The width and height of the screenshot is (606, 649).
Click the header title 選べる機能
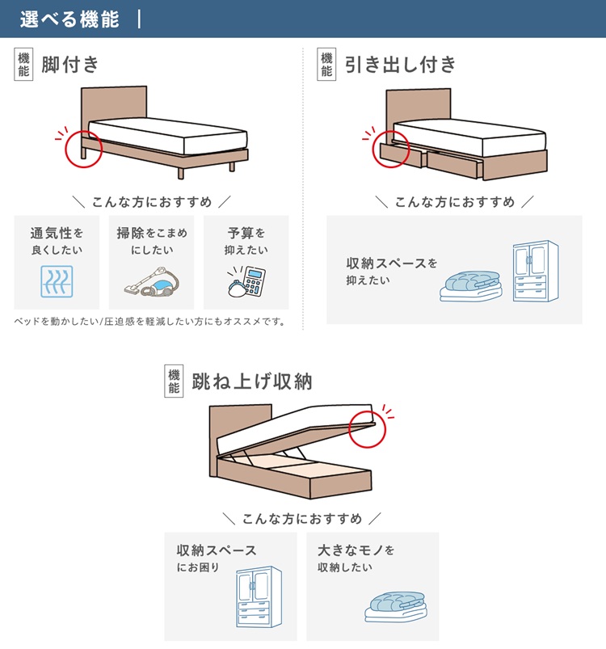tap(69, 19)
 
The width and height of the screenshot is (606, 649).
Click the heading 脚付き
tap(70, 65)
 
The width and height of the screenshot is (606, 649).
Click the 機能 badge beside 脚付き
tap(24, 65)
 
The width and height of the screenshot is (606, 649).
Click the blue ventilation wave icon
tap(57, 283)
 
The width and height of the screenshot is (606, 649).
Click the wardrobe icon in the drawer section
tap(535, 272)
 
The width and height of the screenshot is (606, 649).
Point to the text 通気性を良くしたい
tap(57, 241)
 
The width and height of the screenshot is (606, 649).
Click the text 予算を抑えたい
tap(246, 241)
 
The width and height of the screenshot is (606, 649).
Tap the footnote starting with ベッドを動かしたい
tap(150, 321)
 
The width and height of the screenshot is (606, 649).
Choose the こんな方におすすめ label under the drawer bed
tap(454, 202)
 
